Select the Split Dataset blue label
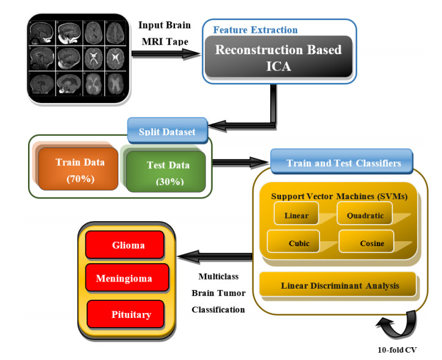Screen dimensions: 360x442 coord(165,131)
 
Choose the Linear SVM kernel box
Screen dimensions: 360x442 coord(296,215)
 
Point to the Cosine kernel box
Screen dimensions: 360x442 coord(371,243)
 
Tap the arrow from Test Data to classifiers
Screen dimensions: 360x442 coord(240,163)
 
